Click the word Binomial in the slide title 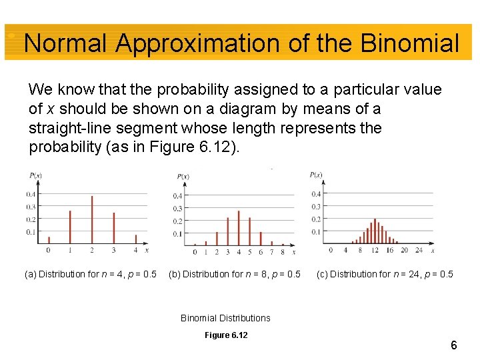pyautogui.click(x=409, y=44)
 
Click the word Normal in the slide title pyautogui.click(x=65, y=44)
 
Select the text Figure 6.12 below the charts pyautogui.click(x=226, y=335)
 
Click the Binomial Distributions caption pyautogui.click(x=225, y=318)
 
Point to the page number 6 pyautogui.click(x=453, y=345)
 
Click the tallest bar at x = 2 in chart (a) pyautogui.click(x=92, y=220)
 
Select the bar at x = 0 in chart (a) pyautogui.click(x=49, y=240)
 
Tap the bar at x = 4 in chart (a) pyautogui.click(x=136, y=239)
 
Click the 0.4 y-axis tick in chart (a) pyautogui.click(x=31, y=194)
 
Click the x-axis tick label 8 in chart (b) pyautogui.click(x=283, y=253)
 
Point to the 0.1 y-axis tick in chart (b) pyautogui.click(x=177, y=234)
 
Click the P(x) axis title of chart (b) pyautogui.click(x=183, y=176)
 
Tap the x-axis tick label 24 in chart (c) pyautogui.click(x=418, y=251)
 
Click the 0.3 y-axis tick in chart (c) pyautogui.click(x=316, y=207)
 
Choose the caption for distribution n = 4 pyautogui.click(x=91, y=274)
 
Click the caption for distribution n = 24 pyautogui.click(x=385, y=274)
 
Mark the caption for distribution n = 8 pyautogui.click(x=235, y=274)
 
